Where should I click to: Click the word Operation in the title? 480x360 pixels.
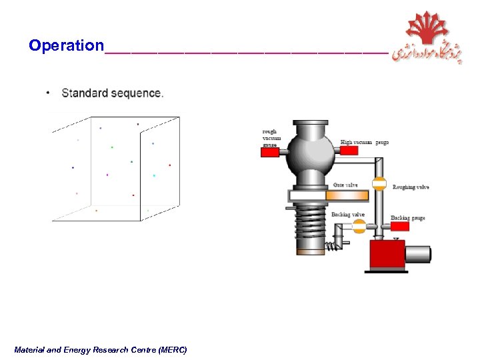point(66,45)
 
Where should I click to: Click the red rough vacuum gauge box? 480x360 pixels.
point(269,153)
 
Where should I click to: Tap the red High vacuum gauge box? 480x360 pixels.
point(349,150)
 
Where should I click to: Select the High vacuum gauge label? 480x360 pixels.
point(365,142)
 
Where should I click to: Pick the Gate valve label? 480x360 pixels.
point(345,185)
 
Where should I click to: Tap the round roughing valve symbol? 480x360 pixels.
point(379,185)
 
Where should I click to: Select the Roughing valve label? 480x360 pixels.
point(411,187)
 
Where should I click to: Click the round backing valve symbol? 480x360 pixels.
point(359,226)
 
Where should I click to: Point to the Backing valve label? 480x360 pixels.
point(348,215)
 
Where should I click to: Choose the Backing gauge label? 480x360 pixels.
point(407,218)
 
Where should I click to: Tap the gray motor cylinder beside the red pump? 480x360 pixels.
point(419,254)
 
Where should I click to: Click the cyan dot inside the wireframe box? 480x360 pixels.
point(154,175)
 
